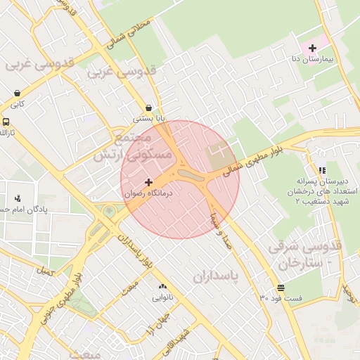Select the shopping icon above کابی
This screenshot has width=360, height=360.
(17, 92)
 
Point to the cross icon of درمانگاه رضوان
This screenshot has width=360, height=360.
(148, 182)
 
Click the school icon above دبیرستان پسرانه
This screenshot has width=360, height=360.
(322, 170)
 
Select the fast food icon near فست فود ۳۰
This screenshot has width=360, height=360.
(281, 287)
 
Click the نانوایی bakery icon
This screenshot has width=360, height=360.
(162, 286)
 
